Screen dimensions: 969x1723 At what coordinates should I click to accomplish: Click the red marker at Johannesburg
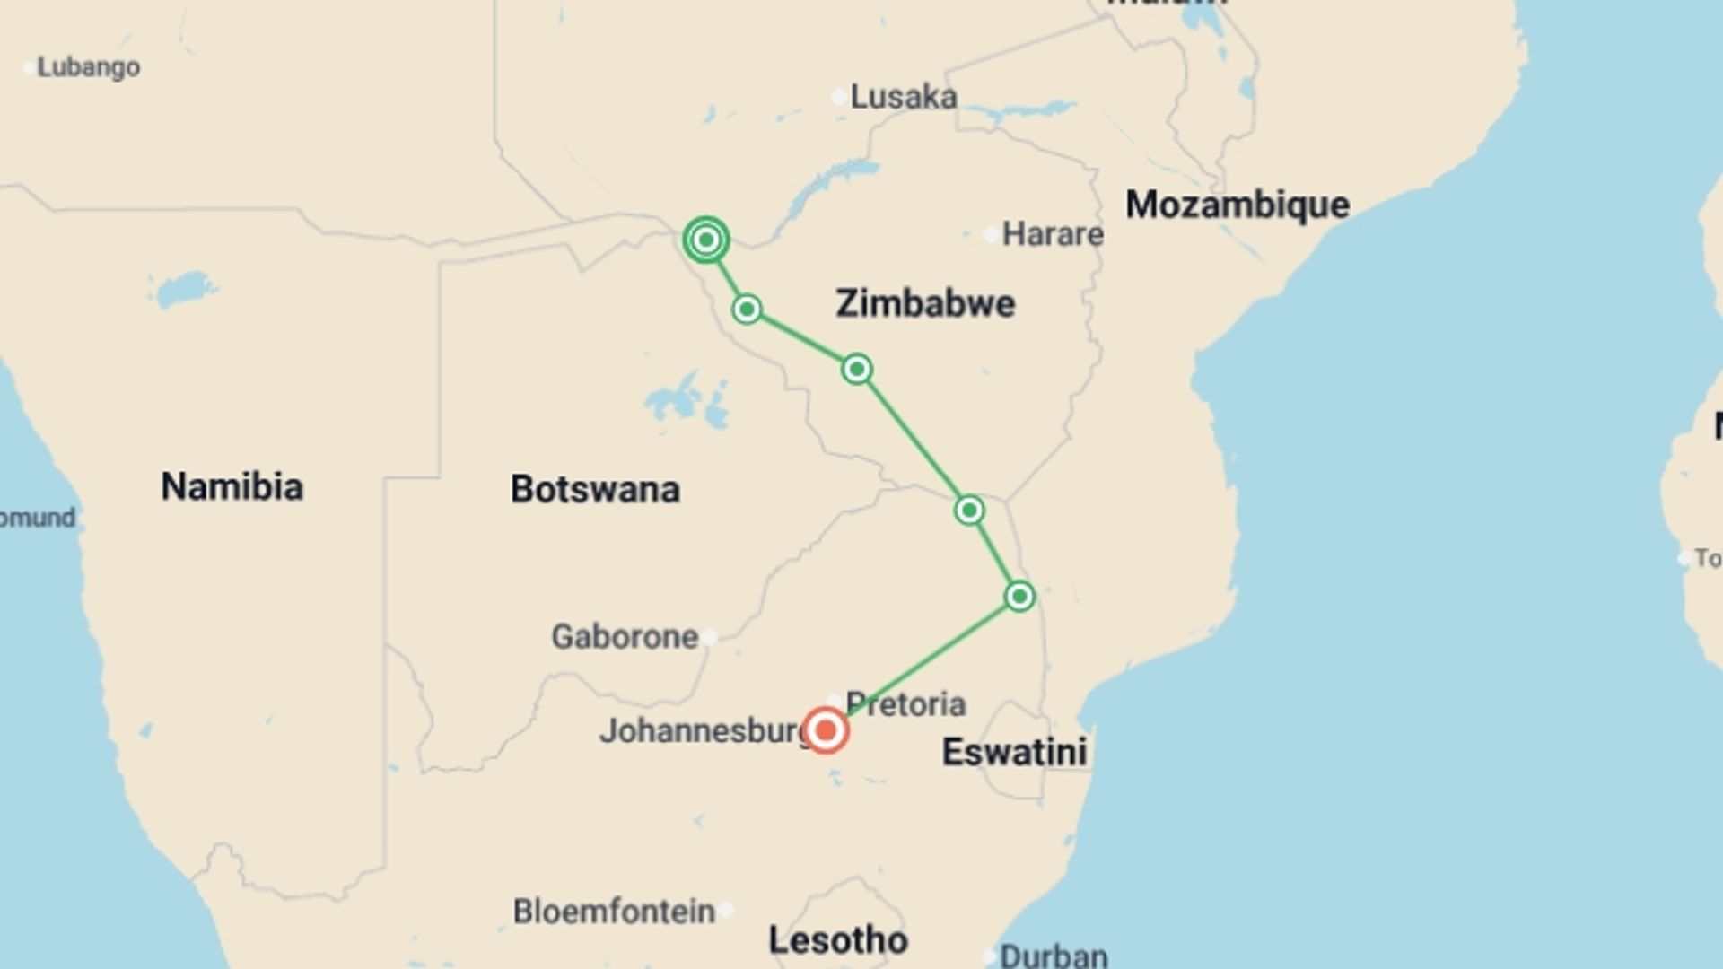tap(826, 730)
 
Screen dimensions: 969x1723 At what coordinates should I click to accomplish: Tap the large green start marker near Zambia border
tap(706, 240)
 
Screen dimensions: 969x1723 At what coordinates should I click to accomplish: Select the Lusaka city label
tap(903, 97)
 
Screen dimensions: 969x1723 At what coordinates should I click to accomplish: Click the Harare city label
tap(1052, 234)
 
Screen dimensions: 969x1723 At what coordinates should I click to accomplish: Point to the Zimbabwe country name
tap(925, 303)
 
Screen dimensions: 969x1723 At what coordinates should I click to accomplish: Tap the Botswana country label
tap(595, 489)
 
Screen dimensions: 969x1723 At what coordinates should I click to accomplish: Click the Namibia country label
tap(232, 486)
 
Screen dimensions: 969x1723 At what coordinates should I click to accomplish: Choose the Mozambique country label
tap(1238, 205)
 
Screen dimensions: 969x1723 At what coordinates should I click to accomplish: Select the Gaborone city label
tap(625, 637)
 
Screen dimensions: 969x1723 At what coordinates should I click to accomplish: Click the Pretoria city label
tap(905, 704)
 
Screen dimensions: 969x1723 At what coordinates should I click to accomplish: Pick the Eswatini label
tap(1014, 752)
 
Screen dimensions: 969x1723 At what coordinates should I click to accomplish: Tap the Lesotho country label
tap(838, 940)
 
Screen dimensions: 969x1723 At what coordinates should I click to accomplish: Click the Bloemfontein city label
tap(614, 912)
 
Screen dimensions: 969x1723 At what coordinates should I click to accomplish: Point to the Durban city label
tap(1054, 956)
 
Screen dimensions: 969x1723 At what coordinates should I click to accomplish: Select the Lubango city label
tap(88, 67)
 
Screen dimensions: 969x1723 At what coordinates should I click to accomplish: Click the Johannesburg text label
tap(704, 730)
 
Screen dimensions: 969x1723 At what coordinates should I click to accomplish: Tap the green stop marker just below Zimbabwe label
tap(857, 369)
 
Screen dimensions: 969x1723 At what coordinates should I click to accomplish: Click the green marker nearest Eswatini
tap(1019, 597)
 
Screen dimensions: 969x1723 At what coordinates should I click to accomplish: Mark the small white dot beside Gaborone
tap(709, 638)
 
